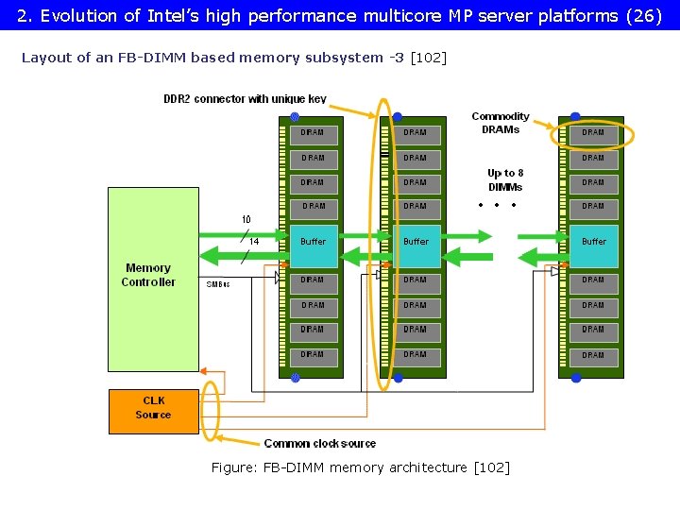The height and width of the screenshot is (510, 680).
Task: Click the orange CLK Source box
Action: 153,412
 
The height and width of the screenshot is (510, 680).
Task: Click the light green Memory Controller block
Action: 153,279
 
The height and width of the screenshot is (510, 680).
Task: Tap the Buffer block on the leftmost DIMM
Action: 313,243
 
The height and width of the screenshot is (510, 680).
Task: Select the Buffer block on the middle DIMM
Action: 416,243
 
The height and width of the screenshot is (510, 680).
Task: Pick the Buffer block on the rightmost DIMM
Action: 593,243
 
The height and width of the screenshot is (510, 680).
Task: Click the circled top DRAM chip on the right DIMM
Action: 593,133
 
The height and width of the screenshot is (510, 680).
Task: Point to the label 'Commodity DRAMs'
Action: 501,123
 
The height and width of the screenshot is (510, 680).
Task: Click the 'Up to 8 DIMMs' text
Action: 505,179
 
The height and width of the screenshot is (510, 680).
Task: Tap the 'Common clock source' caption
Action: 319,443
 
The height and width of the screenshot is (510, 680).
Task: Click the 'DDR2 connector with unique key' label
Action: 245,99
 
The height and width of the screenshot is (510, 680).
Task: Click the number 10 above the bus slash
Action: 246,220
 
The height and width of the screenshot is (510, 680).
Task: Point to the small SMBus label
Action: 218,283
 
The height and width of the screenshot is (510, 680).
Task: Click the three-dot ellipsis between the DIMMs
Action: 497,205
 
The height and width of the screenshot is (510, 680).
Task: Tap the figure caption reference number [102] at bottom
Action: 491,467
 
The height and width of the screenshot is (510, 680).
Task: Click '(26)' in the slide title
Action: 642,15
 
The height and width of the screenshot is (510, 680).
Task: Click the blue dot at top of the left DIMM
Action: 295,117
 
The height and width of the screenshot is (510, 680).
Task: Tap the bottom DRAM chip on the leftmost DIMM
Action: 313,355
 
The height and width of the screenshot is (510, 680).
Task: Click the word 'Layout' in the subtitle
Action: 44,58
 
